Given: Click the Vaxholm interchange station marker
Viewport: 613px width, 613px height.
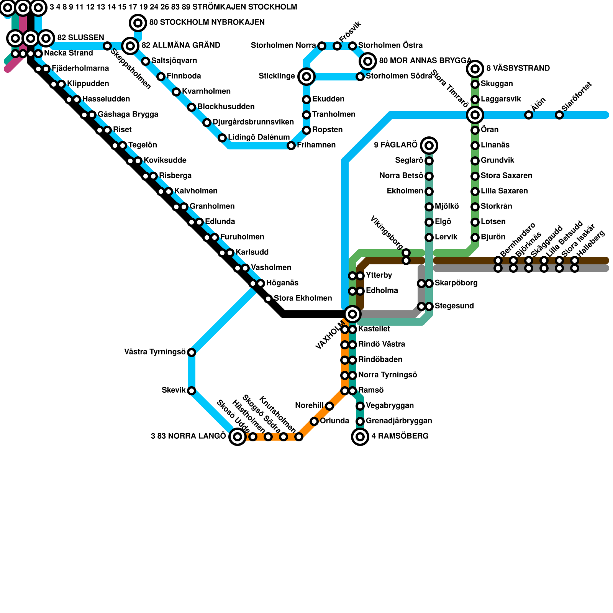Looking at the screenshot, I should point(352,314).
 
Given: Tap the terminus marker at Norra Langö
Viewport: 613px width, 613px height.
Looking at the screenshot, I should point(238,436).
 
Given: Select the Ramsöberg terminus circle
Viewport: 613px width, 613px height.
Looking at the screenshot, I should point(360,436).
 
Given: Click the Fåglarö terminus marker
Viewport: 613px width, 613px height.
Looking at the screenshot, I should point(429,145).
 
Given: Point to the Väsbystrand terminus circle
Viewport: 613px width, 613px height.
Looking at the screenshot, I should point(475,69).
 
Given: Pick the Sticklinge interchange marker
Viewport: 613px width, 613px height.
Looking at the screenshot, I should point(306,77).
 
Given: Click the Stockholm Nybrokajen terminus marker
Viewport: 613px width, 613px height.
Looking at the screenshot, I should point(138,23).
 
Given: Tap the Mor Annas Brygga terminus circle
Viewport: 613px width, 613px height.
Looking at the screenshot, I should point(368,61).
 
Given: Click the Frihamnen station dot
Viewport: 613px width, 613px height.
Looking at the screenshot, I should point(291,146).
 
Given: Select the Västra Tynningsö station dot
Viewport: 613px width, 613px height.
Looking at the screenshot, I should point(192,352).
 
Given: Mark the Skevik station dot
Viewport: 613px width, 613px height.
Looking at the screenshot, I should point(192,391).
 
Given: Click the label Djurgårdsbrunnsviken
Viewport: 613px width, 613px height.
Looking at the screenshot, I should point(253,122).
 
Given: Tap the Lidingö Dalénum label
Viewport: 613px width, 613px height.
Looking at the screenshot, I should point(259,137).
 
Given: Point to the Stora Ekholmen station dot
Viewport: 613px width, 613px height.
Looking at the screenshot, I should point(268,299).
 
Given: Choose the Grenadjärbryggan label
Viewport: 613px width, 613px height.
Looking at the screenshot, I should point(399,421).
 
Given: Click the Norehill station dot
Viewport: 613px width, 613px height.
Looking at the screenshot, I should point(329,406).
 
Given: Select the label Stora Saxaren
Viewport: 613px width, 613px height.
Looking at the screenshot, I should point(506,175).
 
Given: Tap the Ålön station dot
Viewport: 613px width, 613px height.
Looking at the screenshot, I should point(529,115).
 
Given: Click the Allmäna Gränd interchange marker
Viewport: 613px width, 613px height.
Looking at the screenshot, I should point(130,46).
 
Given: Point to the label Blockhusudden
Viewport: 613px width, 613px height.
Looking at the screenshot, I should point(226,107).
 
